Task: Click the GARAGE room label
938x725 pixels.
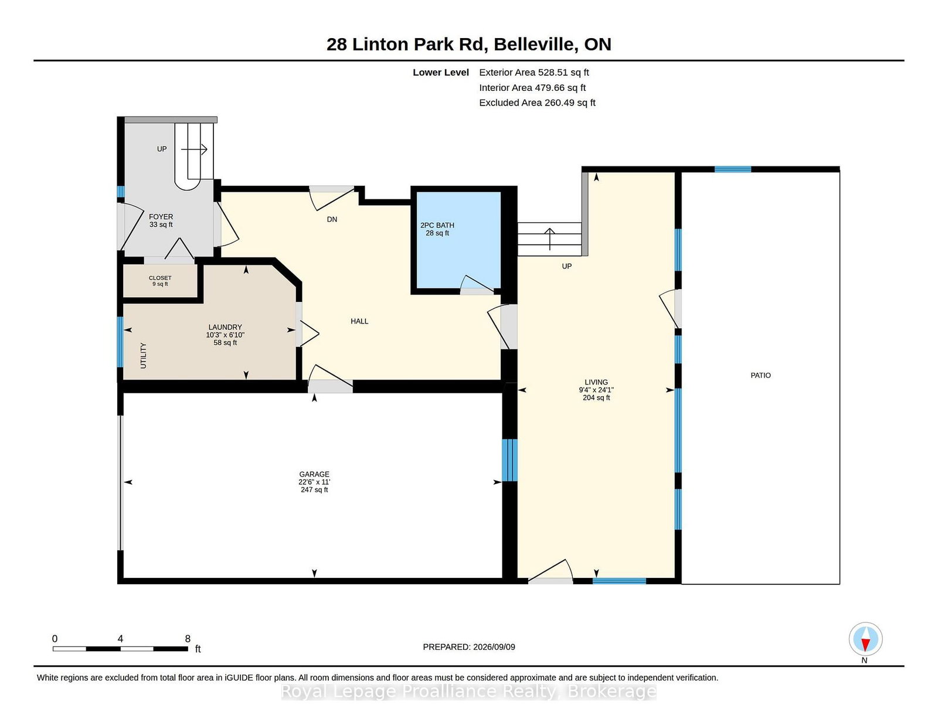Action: tap(314, 474)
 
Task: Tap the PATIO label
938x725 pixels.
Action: tap(760, 376)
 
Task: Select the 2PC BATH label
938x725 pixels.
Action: tap(437, 225)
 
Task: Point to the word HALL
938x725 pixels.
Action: tap(359, 321)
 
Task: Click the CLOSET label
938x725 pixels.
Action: tap(159, 278)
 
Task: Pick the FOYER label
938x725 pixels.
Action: tap(161, 217)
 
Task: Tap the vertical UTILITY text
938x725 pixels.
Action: tap(143, 356)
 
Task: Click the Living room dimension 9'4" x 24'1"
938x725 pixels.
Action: tap(596, 390)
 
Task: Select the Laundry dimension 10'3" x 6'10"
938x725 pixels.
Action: tap(225, 335)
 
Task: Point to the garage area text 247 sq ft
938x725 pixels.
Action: tap(314, 490)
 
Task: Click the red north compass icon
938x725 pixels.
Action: tap(865, 639)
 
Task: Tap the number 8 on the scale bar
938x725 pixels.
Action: tap(188, 639)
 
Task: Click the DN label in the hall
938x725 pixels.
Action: tap(331, 219)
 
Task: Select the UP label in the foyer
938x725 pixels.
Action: tap(161, 149)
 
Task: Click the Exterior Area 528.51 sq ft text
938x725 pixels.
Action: tap(533, 73)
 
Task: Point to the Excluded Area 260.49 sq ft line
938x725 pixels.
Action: tap(537, 103)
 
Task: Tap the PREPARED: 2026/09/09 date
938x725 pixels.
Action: tap(469, 647)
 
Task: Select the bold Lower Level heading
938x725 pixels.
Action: tap(440, 73)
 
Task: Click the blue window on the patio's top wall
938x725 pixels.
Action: tap(733, 169)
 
